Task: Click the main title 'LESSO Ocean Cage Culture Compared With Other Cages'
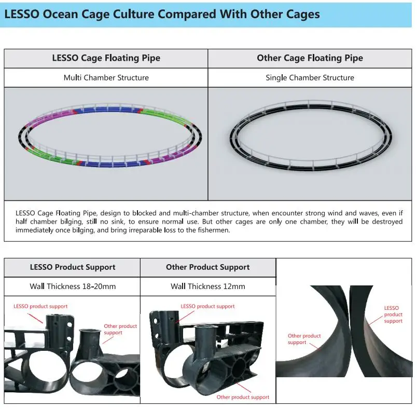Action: click(x=161, y=14)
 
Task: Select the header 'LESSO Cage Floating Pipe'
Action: click(x=106, y=58)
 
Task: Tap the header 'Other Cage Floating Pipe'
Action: click(x=310, y=58)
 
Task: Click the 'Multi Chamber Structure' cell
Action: click(x=106, y=78)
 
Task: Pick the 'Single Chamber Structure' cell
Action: click(x=310, y=78)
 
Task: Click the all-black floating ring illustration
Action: click(x=310, y=135)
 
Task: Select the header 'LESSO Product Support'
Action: click(x=72, y=267)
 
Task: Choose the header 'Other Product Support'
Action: click(x=207, y=267)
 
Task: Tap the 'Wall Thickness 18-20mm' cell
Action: click(x=72, y=286)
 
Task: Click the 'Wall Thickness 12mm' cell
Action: click(x=207, y=286)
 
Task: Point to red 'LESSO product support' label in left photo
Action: click(x=40, y=306)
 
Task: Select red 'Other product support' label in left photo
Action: click(x=120, y=330)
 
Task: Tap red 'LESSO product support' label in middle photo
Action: click(x=207, y=306)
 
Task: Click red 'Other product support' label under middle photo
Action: click(x=243, y=397)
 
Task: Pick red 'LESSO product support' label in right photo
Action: click(x=393, y=314)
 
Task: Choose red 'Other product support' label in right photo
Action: click(x=304, y=339)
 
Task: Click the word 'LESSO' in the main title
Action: click(x=21, y=14)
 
